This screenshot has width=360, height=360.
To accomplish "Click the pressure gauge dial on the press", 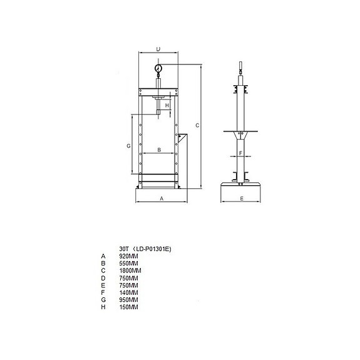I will pos(158,68).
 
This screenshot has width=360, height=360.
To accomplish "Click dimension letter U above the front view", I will pos(158,49).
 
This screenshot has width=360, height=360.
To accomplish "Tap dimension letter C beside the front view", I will pos(197,126).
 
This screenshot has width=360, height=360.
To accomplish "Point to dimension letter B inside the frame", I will pos(159,150).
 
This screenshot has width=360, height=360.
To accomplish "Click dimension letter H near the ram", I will pos(167,106).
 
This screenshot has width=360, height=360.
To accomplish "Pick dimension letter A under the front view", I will pos(161,198).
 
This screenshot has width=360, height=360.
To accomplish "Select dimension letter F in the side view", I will pos(240,153).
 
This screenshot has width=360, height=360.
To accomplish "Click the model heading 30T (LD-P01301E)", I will pos(145,249).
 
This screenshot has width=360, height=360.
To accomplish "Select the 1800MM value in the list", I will pos(130,270).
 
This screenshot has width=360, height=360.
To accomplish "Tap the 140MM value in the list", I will pos(128,292).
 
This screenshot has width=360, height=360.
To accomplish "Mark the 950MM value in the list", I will pos(128,300).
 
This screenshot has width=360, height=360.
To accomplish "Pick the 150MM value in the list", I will pos(128,307).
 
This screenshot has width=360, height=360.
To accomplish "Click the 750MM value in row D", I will pos(128,278).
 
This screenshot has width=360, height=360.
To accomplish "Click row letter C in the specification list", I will pos(102,270).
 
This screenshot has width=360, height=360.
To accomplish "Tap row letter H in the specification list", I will pos(102,307).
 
